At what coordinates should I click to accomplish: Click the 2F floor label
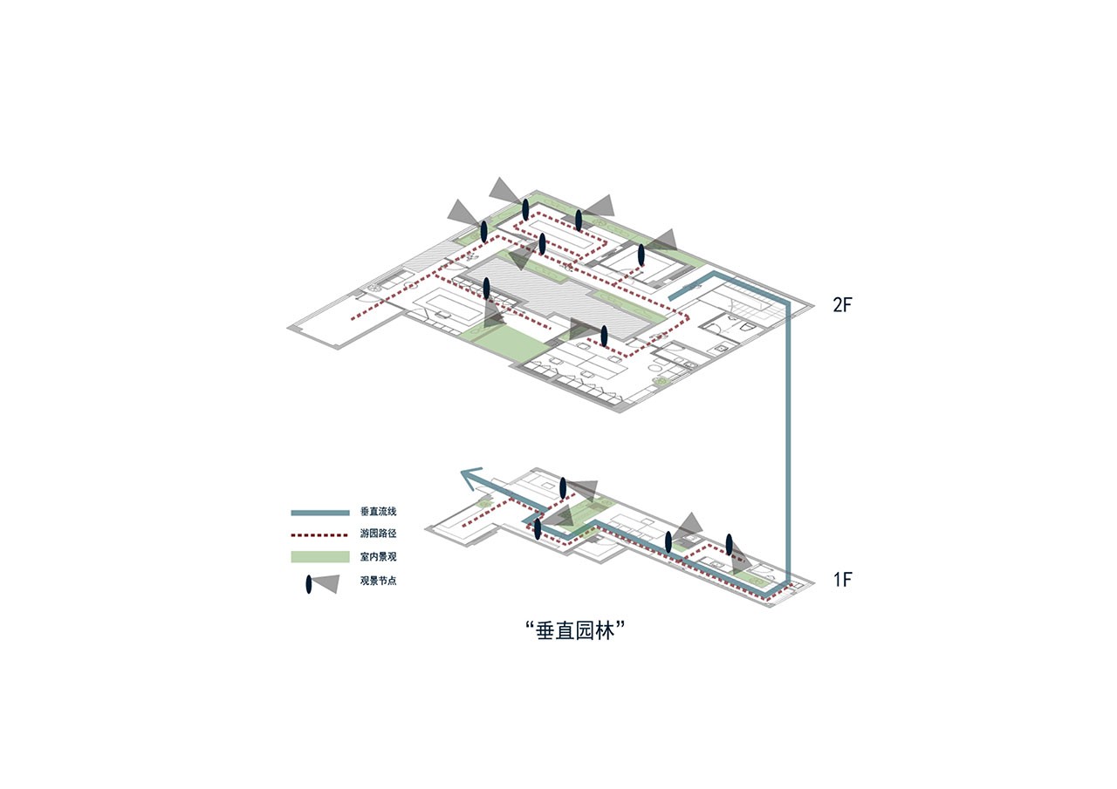pos(842,305)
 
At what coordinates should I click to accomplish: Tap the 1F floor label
pos(842,579)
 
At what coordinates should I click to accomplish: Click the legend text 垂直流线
pos(378,512)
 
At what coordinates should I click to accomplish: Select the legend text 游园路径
pos(378,534)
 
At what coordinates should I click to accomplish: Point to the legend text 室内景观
pos(378,557)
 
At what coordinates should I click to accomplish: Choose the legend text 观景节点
pos(378,581)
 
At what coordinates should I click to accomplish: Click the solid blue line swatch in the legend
pos(320,513)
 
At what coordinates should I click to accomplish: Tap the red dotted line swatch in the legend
pos(320,535)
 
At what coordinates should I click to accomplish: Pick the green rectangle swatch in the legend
pos(320,556)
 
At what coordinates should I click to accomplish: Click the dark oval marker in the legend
pos(309,584)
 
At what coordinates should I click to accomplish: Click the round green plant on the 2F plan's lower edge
pos(661,381)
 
